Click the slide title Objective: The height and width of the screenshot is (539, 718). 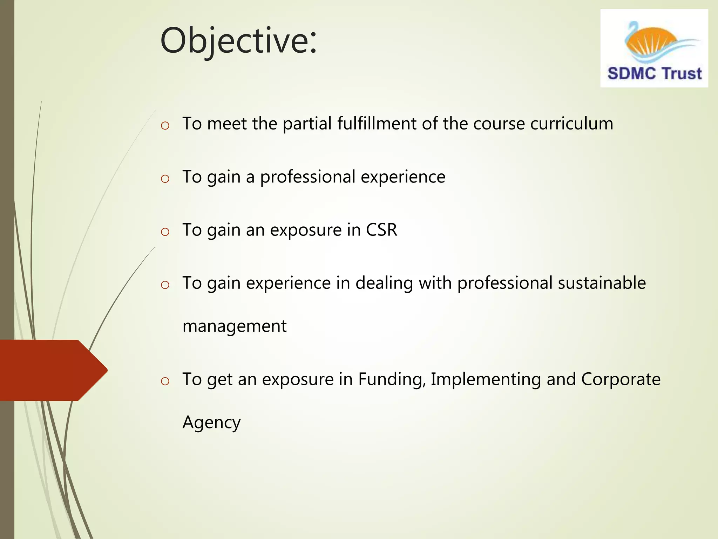click(x=238, y=41)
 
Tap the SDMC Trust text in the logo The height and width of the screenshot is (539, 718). click(x=654, y=74)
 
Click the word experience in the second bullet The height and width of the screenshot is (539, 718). click(x=403, y=177)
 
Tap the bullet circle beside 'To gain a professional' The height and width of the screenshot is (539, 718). click(x=165, y=179)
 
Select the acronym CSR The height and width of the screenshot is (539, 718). click(x=381, y=230)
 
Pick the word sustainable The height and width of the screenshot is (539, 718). click(x=602, y=283)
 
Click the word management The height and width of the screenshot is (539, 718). click(x=235, y=326)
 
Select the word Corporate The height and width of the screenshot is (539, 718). click(x=621, y=379)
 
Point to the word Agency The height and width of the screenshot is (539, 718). click(x=211, y=422)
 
